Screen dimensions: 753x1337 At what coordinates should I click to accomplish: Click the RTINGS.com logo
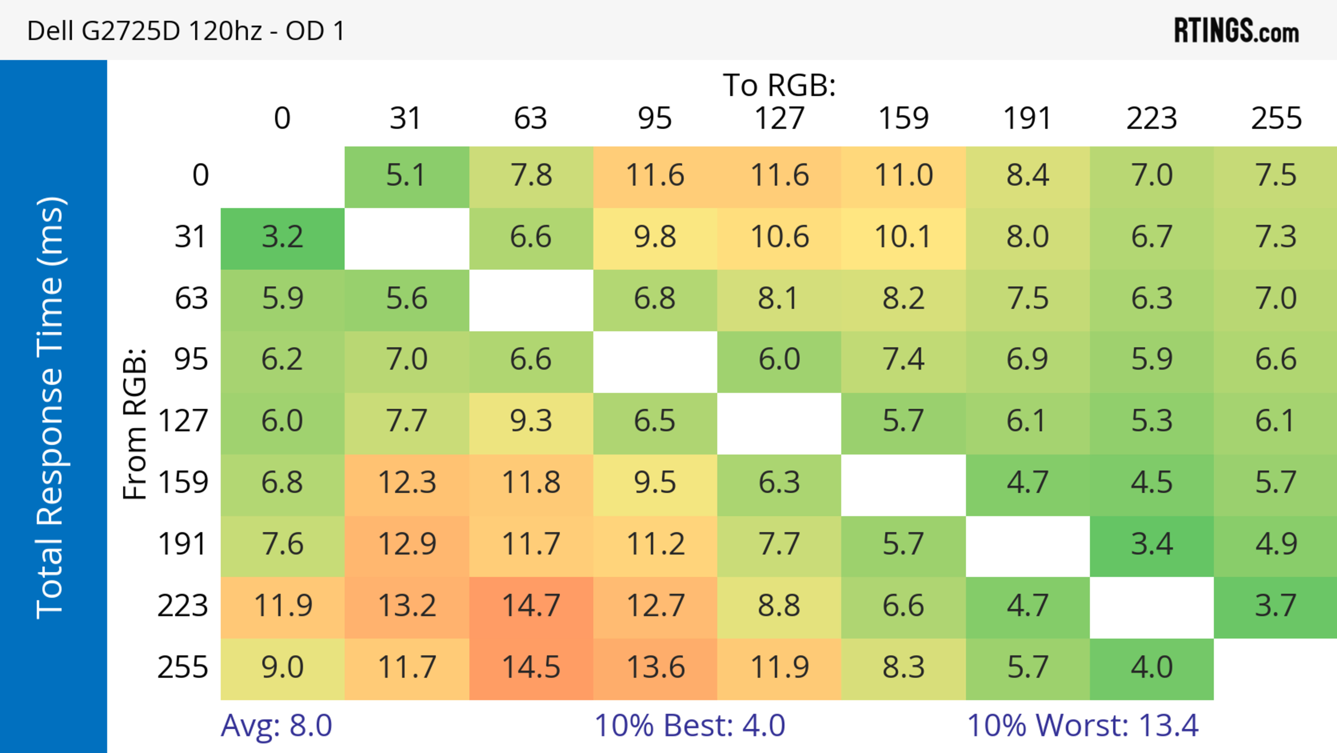[1236, 31]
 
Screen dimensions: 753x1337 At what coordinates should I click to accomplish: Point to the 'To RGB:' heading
[779, 85]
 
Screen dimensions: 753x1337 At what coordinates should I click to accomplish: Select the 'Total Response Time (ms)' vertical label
[51, 408]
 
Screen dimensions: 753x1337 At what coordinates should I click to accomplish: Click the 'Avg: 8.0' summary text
[276, 725]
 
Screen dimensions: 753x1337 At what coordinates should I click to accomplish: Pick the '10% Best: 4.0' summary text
[689, 725]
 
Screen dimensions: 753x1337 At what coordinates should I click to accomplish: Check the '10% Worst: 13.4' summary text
[1083, 725]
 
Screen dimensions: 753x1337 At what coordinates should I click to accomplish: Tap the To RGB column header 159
[903, 118]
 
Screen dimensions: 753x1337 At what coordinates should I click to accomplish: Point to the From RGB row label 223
[183, 606]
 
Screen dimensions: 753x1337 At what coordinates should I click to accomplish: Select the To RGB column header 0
[282, 118]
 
